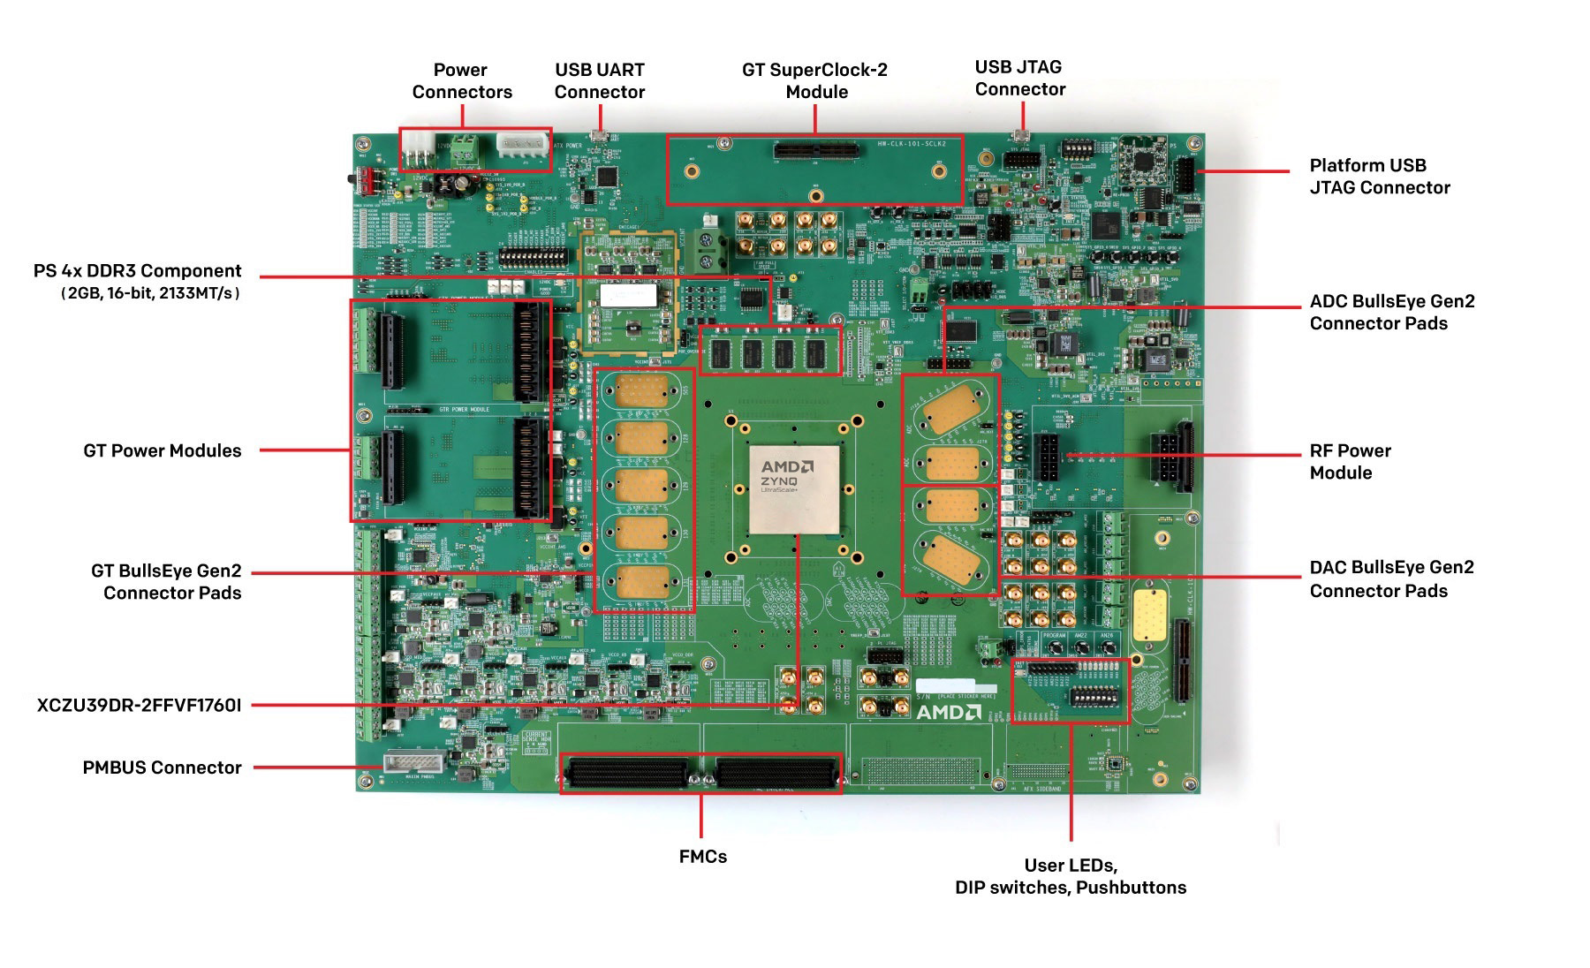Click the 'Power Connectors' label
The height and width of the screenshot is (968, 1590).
461,80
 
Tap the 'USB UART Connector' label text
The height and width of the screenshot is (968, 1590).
599,80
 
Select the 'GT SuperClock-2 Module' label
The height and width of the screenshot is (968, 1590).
814,80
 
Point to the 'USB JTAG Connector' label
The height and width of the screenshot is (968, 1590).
1019,78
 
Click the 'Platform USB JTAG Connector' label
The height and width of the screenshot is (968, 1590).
1379,176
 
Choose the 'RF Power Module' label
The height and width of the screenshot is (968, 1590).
1349,461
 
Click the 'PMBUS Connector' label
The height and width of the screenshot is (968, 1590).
162,768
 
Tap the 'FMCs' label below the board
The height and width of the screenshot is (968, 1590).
702,856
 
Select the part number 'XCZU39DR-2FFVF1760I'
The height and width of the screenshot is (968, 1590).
139,705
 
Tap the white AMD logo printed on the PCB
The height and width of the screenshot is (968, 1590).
948,712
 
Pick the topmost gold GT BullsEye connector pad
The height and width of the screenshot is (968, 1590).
642,391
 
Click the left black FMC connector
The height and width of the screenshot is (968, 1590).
625,773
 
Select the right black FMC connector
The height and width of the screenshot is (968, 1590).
775,773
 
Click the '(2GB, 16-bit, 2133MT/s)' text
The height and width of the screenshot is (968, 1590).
150,293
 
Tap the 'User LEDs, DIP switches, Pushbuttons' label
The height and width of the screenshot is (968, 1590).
1070,876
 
